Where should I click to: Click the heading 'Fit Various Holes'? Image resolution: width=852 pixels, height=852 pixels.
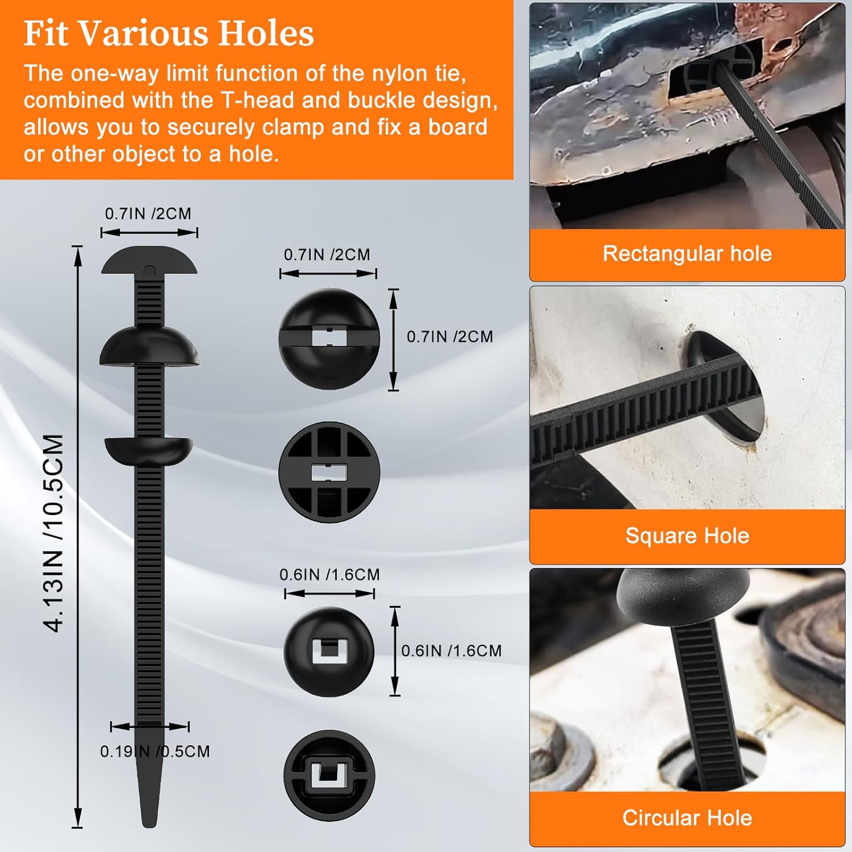click(169, 33)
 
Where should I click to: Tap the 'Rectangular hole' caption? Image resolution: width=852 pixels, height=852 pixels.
click(687, 253)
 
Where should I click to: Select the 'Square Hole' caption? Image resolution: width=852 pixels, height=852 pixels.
click(687, 536)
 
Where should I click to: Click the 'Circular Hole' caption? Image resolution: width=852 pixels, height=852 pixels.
click(687, 818)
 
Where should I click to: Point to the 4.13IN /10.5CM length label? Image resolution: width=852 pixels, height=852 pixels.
click(53, 533)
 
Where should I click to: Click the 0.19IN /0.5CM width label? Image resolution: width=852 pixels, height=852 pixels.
click(155, 751)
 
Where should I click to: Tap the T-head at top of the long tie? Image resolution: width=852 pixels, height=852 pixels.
click(149, 260)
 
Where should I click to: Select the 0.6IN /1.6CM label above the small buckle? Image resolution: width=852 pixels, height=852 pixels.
click(329, 574)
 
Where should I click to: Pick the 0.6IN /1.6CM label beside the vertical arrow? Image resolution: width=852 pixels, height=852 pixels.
click(452, 650)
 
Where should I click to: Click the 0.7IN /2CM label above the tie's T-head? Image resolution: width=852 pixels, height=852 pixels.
click(148, 214)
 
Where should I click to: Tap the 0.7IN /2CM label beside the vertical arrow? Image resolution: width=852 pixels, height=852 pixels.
click(450, 336)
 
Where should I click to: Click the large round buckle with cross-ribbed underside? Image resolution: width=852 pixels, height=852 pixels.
click(329, 472)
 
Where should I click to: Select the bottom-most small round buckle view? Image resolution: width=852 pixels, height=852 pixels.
click(329, 776)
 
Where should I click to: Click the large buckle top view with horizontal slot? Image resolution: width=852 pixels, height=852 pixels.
click(329, 339)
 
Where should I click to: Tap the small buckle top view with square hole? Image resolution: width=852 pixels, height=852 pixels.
click(329, 651)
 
